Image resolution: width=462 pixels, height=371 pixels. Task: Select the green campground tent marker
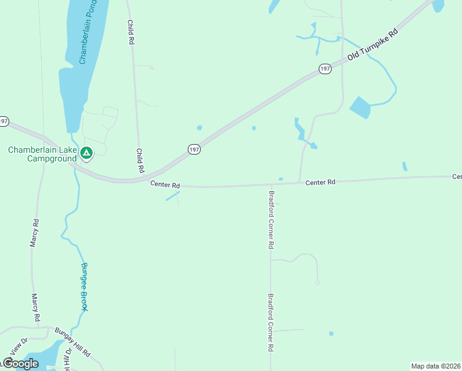[x=87, y=152]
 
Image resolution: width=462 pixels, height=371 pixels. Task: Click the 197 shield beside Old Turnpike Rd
[x=325, y=69]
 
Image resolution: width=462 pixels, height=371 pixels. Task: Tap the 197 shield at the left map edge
[x=4, y=121]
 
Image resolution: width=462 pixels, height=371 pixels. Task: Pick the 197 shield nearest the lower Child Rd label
[x=194, y=150]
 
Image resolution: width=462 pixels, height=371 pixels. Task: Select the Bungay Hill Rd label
[x=73, y=342]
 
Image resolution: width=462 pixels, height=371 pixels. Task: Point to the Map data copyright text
[x=436, y=366]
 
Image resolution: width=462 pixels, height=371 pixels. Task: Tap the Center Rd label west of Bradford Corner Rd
[x=165, y=184]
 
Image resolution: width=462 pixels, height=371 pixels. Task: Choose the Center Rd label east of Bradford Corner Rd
[x=320, y=182]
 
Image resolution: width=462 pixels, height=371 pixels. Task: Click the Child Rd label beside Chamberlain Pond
[x=130, y=32]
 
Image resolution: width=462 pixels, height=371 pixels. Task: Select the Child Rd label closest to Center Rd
[x=140, y=160]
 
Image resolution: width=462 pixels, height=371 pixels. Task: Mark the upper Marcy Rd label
[x=35, y=233]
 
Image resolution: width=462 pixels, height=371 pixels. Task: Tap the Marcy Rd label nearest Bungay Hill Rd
[x=36, y=307]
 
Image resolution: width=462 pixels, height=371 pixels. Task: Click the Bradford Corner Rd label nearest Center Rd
[x=271, y=219]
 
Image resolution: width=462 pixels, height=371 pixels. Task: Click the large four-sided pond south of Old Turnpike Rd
[x=361, y=108]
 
